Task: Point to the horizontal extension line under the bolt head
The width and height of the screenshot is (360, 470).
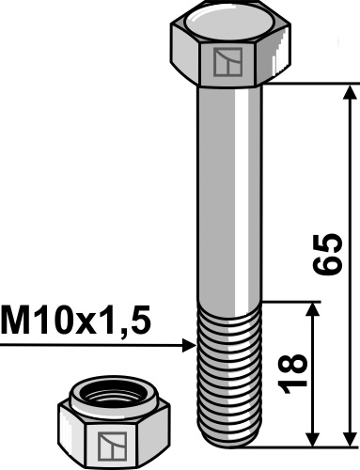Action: [x=310, y=84]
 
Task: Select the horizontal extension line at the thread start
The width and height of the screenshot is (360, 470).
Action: [x=291, y=302]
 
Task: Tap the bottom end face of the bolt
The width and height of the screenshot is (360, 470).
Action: [x=229, y=445]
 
